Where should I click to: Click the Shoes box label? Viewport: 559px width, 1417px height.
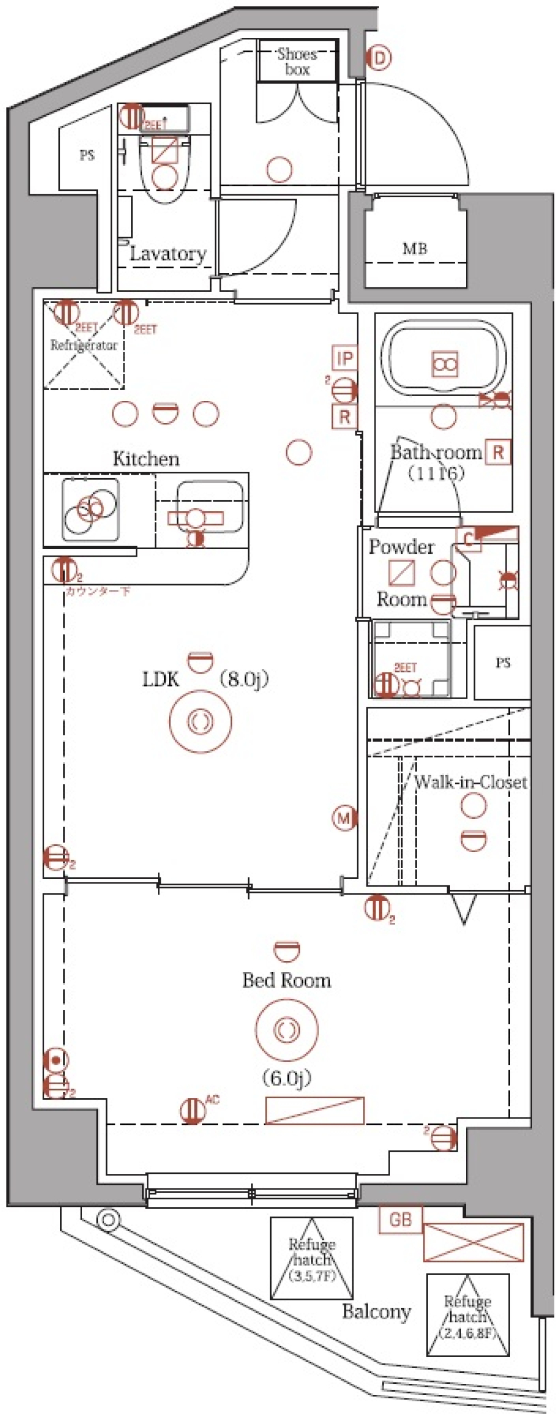[x=297, y=62]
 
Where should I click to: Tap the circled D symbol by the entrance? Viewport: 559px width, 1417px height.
[x=378, y=58]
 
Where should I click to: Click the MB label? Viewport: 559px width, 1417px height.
[x=415, y=249]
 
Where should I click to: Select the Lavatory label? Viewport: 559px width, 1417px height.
[x=168, y=254]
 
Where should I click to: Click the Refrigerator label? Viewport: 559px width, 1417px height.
[x=84, y=346]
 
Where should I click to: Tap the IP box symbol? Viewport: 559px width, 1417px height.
[x=345, y=358]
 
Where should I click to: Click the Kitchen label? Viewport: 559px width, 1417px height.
[x=146, y=459]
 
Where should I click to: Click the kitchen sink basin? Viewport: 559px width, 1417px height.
[x=210, y=505]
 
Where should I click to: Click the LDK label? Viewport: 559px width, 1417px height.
[x=161, y=679]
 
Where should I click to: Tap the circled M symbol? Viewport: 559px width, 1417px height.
[x=344, y=818]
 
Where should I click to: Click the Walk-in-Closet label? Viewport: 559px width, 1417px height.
[x=470, y=782]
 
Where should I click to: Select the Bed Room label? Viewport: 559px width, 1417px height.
[x=286, y=981]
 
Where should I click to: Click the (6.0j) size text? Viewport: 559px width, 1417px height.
[x=286, y=1078]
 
